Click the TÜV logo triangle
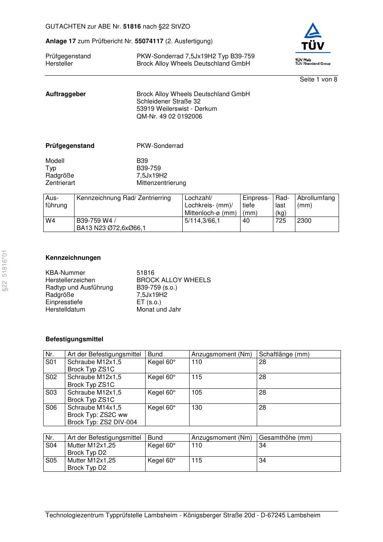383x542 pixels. pyautogui.click(x=312, y=32)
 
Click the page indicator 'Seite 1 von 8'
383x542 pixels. pyautogui.click(x=318, y=80)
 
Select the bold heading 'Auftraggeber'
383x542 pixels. pyautogui.click(x=66, y=94)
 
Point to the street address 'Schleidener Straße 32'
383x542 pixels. pyautogui.click(x=168, y=102)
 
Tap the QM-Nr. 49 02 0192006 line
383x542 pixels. pyautogui.click(x=169, y=116)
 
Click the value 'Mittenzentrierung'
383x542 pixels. pyautogui.click(x=161, y=183)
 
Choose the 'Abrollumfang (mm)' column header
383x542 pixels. pyautogui.click(x=316, y=202)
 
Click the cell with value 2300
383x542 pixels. pyautogui.click(x=304, y=221)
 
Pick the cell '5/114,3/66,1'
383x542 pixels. pyautogui.click(x=202, y=221)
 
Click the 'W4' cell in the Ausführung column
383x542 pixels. pyautogui.click(x=50, y=221)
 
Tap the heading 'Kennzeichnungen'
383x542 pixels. pyautogui.click(x=73, y=258)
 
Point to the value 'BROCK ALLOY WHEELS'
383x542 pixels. pyautogui.click(x=173, y=280)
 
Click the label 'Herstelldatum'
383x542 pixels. pyautogui.click(x=65, y=310)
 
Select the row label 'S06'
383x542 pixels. pyautogui.click(x=51, y=408)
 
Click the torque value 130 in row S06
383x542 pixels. pyautogui.click(x=197, y=408)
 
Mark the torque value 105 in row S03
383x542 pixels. pyautogui.click(x=197, y=393)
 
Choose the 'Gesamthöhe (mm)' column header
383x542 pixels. pyautogui.click(x=285, y=438)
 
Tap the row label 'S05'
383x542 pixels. pyautogui.click(x=51, y=461)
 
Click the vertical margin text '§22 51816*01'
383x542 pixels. pyautogui.click(x=5, y=270)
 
